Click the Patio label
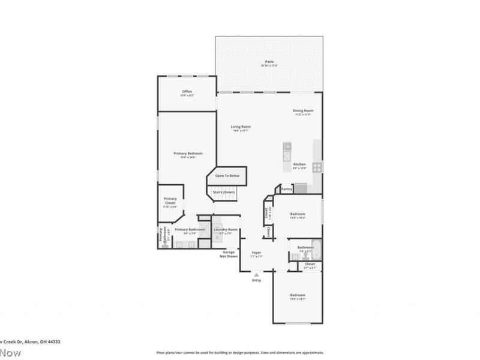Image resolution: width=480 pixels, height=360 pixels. tap(269, 62)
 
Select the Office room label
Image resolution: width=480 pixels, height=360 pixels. tap(187, 92)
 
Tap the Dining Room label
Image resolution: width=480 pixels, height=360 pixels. tap(303, 111)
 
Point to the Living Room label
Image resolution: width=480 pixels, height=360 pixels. tap(241, 127)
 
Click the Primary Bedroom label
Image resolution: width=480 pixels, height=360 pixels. tap(188, 154)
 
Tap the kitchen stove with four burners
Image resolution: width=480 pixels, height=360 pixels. tap(317, 167)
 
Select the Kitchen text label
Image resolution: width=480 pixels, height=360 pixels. tap(299, 164)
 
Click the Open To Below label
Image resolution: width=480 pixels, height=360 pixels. tap(227, 176)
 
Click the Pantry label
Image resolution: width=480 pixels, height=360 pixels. tap(286, 189)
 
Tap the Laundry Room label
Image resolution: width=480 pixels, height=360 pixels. tap(226, 230)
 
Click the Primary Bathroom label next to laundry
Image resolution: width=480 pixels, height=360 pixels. tap(190, 230)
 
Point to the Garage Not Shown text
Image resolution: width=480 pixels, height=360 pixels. tap(228, 254)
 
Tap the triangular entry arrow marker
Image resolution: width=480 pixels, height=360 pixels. tap(256, 274)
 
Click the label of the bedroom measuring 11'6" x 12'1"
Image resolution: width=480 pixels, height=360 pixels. tap(298, 295)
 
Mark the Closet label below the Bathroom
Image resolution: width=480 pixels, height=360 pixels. tap(310, 264)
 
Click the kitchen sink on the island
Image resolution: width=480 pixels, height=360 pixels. tap(287, 146)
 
